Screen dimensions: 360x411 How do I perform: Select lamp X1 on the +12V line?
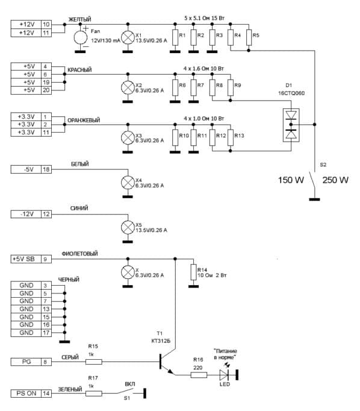pos(128,37)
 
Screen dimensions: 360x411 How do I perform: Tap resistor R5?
pos(249,37)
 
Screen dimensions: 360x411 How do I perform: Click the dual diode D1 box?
pos(291,125)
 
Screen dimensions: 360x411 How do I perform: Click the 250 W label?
pos(335,180)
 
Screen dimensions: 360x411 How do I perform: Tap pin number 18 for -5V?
pos(46,169)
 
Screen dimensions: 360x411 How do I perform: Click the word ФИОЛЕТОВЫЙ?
pos(79,254)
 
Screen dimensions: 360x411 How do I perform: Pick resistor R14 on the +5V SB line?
pos(193,272)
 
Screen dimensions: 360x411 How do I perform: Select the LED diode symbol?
pos(224,375)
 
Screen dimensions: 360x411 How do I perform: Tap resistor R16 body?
pos(199,375)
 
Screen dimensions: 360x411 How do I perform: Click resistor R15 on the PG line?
pos(94,362)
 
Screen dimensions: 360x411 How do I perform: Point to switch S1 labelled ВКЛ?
pos(125,392)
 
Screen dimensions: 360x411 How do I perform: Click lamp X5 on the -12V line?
pos(128,227)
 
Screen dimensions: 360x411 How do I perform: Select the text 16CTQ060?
pos(291,93)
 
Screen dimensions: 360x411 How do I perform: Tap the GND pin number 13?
pos(46,309)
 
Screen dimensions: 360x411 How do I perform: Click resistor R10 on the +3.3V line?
pos(175,137)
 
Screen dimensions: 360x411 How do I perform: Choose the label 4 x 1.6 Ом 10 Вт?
pos(203,69)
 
